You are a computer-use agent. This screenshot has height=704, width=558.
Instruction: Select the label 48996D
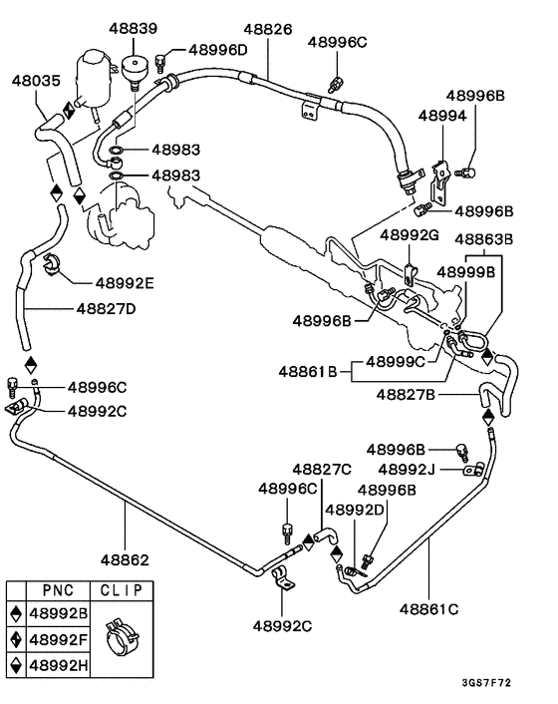click(218, 50)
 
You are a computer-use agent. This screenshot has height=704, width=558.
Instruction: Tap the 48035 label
click(36, 79)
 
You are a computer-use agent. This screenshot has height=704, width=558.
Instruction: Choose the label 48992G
click(410, 234)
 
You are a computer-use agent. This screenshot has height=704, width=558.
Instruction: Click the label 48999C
click(396, 361)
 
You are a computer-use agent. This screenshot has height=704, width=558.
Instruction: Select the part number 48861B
click(312, 372)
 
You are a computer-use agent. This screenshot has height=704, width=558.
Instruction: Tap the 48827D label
click(105, 308)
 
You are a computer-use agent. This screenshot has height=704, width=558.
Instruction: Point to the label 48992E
click(125, 283)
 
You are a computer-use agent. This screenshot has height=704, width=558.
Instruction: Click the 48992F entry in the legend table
click(61, 637)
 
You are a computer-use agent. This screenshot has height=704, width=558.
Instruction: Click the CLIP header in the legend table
click(122, 589)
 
